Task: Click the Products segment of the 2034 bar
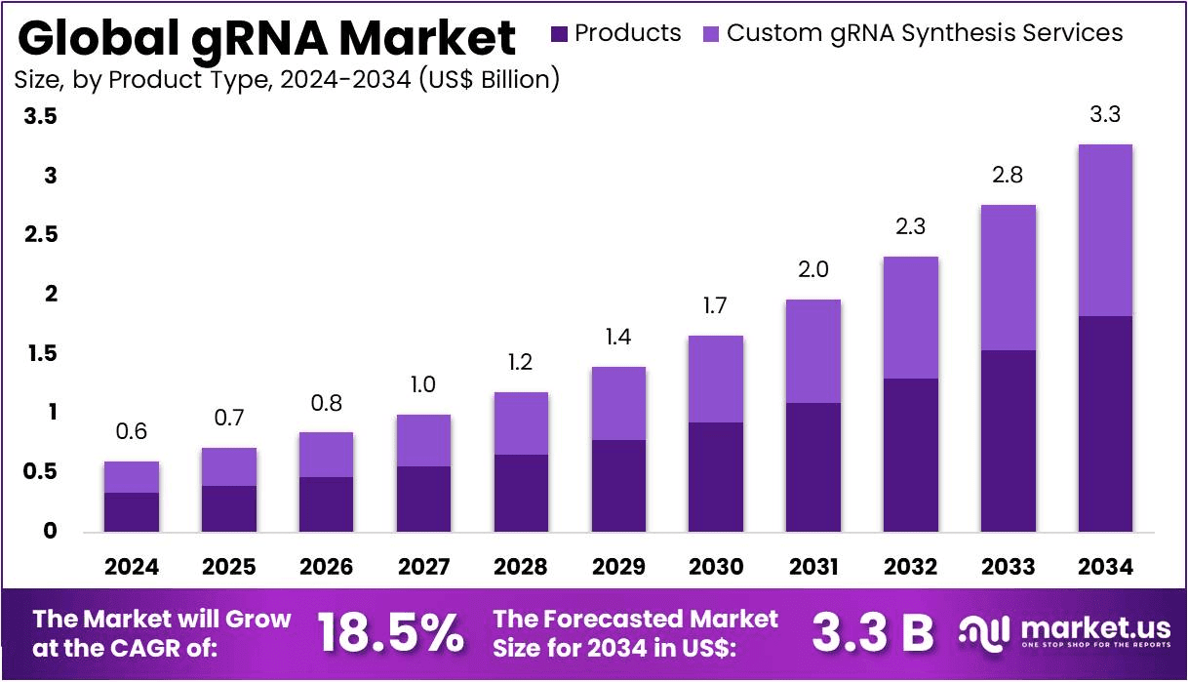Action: point(1105,423)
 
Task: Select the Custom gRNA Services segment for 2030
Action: point(716,379)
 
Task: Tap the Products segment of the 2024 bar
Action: point(132,511)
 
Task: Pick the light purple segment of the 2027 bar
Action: point(423,440)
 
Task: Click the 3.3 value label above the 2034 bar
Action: point(1105,114)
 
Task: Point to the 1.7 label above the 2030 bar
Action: point(716,306)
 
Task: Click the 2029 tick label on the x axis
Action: point(618,567)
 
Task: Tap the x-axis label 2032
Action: point(910,567)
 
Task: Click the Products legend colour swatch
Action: point(559,34)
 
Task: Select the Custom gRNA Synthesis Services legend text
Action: point(925,33)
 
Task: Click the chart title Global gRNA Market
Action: point(266,37)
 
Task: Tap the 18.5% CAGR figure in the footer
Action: point(391,633)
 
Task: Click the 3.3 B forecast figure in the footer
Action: point(872,633)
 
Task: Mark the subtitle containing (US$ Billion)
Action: point(287,80)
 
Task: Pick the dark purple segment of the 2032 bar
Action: point(910,455)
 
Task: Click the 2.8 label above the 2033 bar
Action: point(1008,176)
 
